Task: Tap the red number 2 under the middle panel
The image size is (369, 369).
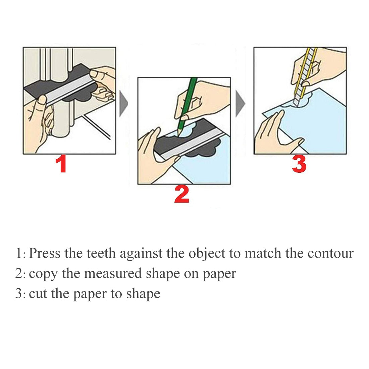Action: [x=181, y=195]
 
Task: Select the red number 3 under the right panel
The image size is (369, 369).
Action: [x=299, y=165]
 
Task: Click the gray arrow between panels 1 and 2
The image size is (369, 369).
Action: [x=124, y=104]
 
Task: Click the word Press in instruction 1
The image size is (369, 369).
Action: [x=45, y=253]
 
